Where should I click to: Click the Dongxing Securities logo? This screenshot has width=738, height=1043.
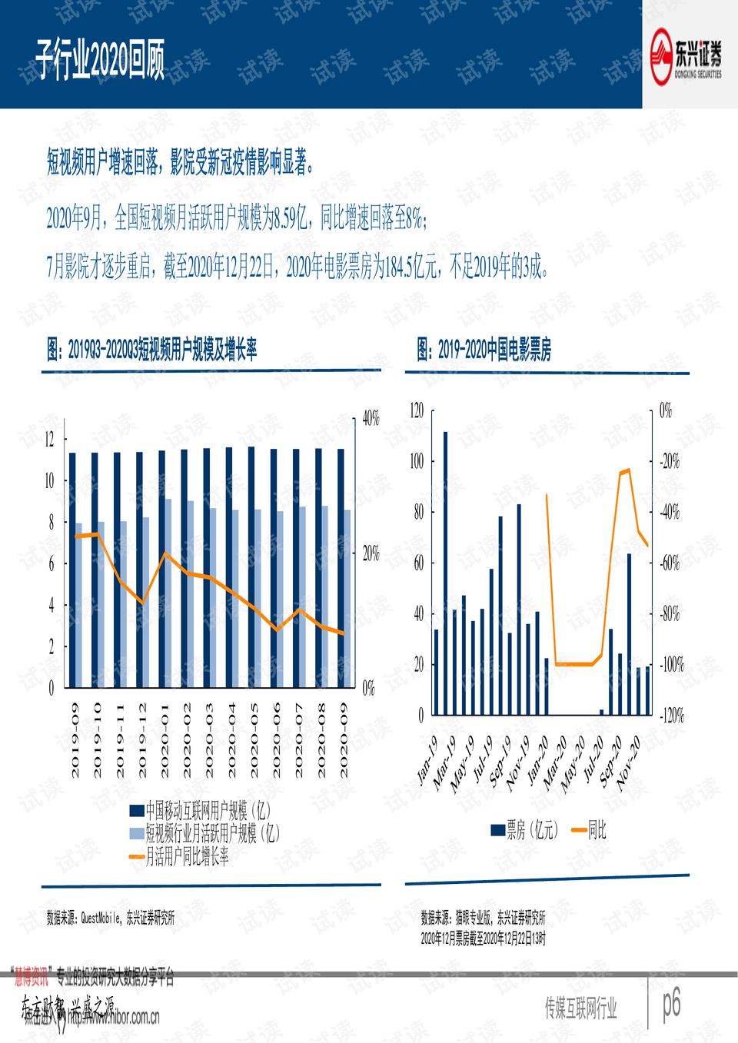coord(686,55)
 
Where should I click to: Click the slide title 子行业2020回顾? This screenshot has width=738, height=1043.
coord(100,61)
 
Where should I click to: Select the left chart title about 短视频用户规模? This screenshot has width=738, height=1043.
coord(151,350)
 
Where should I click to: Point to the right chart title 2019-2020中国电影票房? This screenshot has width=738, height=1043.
coord(484,350)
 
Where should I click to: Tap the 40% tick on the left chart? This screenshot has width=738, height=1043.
coord(371,419)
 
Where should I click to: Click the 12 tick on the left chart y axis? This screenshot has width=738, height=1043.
coord(50,440)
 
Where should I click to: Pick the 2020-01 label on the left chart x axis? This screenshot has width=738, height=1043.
coord(165,739)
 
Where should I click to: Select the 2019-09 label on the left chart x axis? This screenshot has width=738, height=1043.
coord(75,739)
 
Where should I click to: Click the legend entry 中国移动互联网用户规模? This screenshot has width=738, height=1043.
coord(200,810)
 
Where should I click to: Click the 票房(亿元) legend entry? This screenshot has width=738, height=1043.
coord(524,830)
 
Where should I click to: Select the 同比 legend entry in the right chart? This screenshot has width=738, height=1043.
coord(590,830)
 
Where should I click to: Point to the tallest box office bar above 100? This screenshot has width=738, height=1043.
coord(445,573)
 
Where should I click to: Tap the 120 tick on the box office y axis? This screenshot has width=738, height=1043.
coord(417,410)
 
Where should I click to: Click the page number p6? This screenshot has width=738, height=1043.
coord(672,1002)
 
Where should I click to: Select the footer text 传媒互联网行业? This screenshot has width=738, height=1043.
coord(580,1008)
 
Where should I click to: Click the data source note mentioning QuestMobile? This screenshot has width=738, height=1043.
coord(111,918)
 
